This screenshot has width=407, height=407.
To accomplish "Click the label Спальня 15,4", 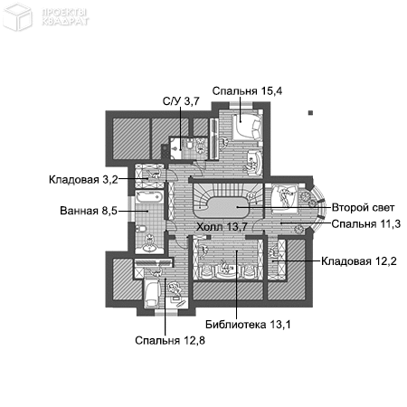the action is [x=247, y=90].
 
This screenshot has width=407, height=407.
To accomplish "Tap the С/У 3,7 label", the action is [x=181, y=101].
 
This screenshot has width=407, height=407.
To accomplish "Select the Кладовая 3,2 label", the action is [x=83, y=180].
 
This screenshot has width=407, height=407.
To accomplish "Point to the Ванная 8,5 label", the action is [x=89, y=211].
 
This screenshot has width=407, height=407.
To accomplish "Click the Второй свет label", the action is [x=363, y=207].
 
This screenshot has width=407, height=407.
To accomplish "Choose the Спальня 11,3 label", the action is [x=366, y=224].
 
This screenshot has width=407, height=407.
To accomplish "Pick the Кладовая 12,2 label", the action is [x=359, y=261].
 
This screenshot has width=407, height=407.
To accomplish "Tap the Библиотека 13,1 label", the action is [x=248, y=325].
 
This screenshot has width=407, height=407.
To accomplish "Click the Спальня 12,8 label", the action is [x=170, y=341].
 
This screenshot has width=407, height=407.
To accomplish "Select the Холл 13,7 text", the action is [x=222, y=227].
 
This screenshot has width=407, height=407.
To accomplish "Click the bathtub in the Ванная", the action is [x=149, y=197].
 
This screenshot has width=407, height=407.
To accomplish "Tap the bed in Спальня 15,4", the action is [x=247, y=128].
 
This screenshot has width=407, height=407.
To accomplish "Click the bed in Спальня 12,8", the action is [x=152, y=293].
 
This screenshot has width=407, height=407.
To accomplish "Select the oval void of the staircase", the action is [x=222, y=207].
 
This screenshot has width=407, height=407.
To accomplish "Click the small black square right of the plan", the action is [x=310, y=113].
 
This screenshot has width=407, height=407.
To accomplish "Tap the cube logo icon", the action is [x=17, y=16].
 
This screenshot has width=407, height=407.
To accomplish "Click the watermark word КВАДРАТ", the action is [x=65, y=22].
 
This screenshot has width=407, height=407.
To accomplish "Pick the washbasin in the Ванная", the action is [x=149, y=244].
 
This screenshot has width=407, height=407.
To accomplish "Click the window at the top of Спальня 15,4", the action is [x=241, y=106].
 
